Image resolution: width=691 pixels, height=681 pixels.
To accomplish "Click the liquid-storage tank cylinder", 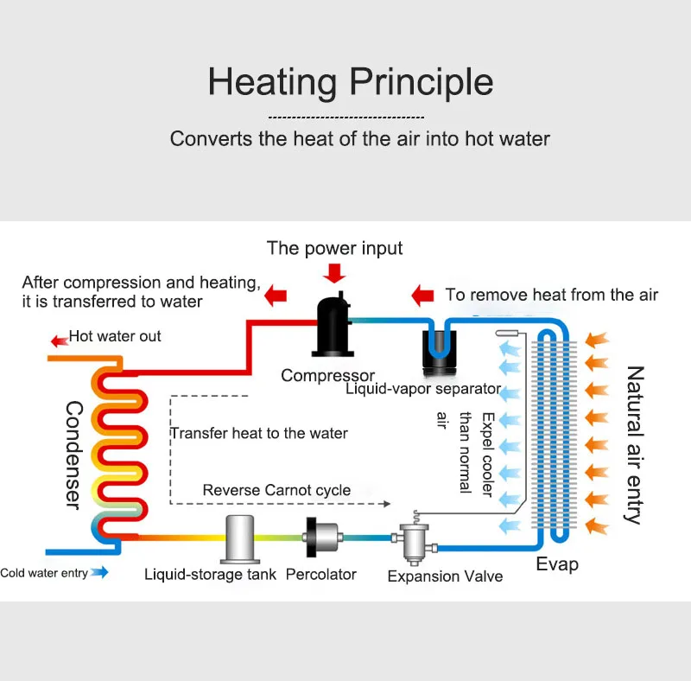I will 239,538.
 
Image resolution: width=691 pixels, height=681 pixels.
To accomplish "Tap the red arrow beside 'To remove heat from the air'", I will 422,295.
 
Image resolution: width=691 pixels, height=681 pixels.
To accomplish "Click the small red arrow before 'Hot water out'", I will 60,337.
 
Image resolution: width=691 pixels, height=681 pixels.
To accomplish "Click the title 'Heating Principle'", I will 350,82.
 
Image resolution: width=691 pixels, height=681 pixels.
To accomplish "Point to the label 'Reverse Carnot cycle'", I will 276,490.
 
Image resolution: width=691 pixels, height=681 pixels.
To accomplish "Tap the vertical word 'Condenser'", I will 73,454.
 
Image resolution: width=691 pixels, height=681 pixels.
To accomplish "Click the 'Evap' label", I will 557,564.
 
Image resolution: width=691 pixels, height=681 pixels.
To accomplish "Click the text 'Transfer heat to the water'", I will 258,433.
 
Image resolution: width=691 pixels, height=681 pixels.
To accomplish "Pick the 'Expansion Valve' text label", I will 445,576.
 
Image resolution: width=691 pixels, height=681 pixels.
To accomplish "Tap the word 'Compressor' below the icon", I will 327,375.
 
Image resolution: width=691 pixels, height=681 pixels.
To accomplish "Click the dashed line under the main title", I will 345,117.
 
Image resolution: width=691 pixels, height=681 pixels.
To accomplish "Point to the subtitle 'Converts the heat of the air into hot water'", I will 359,138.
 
